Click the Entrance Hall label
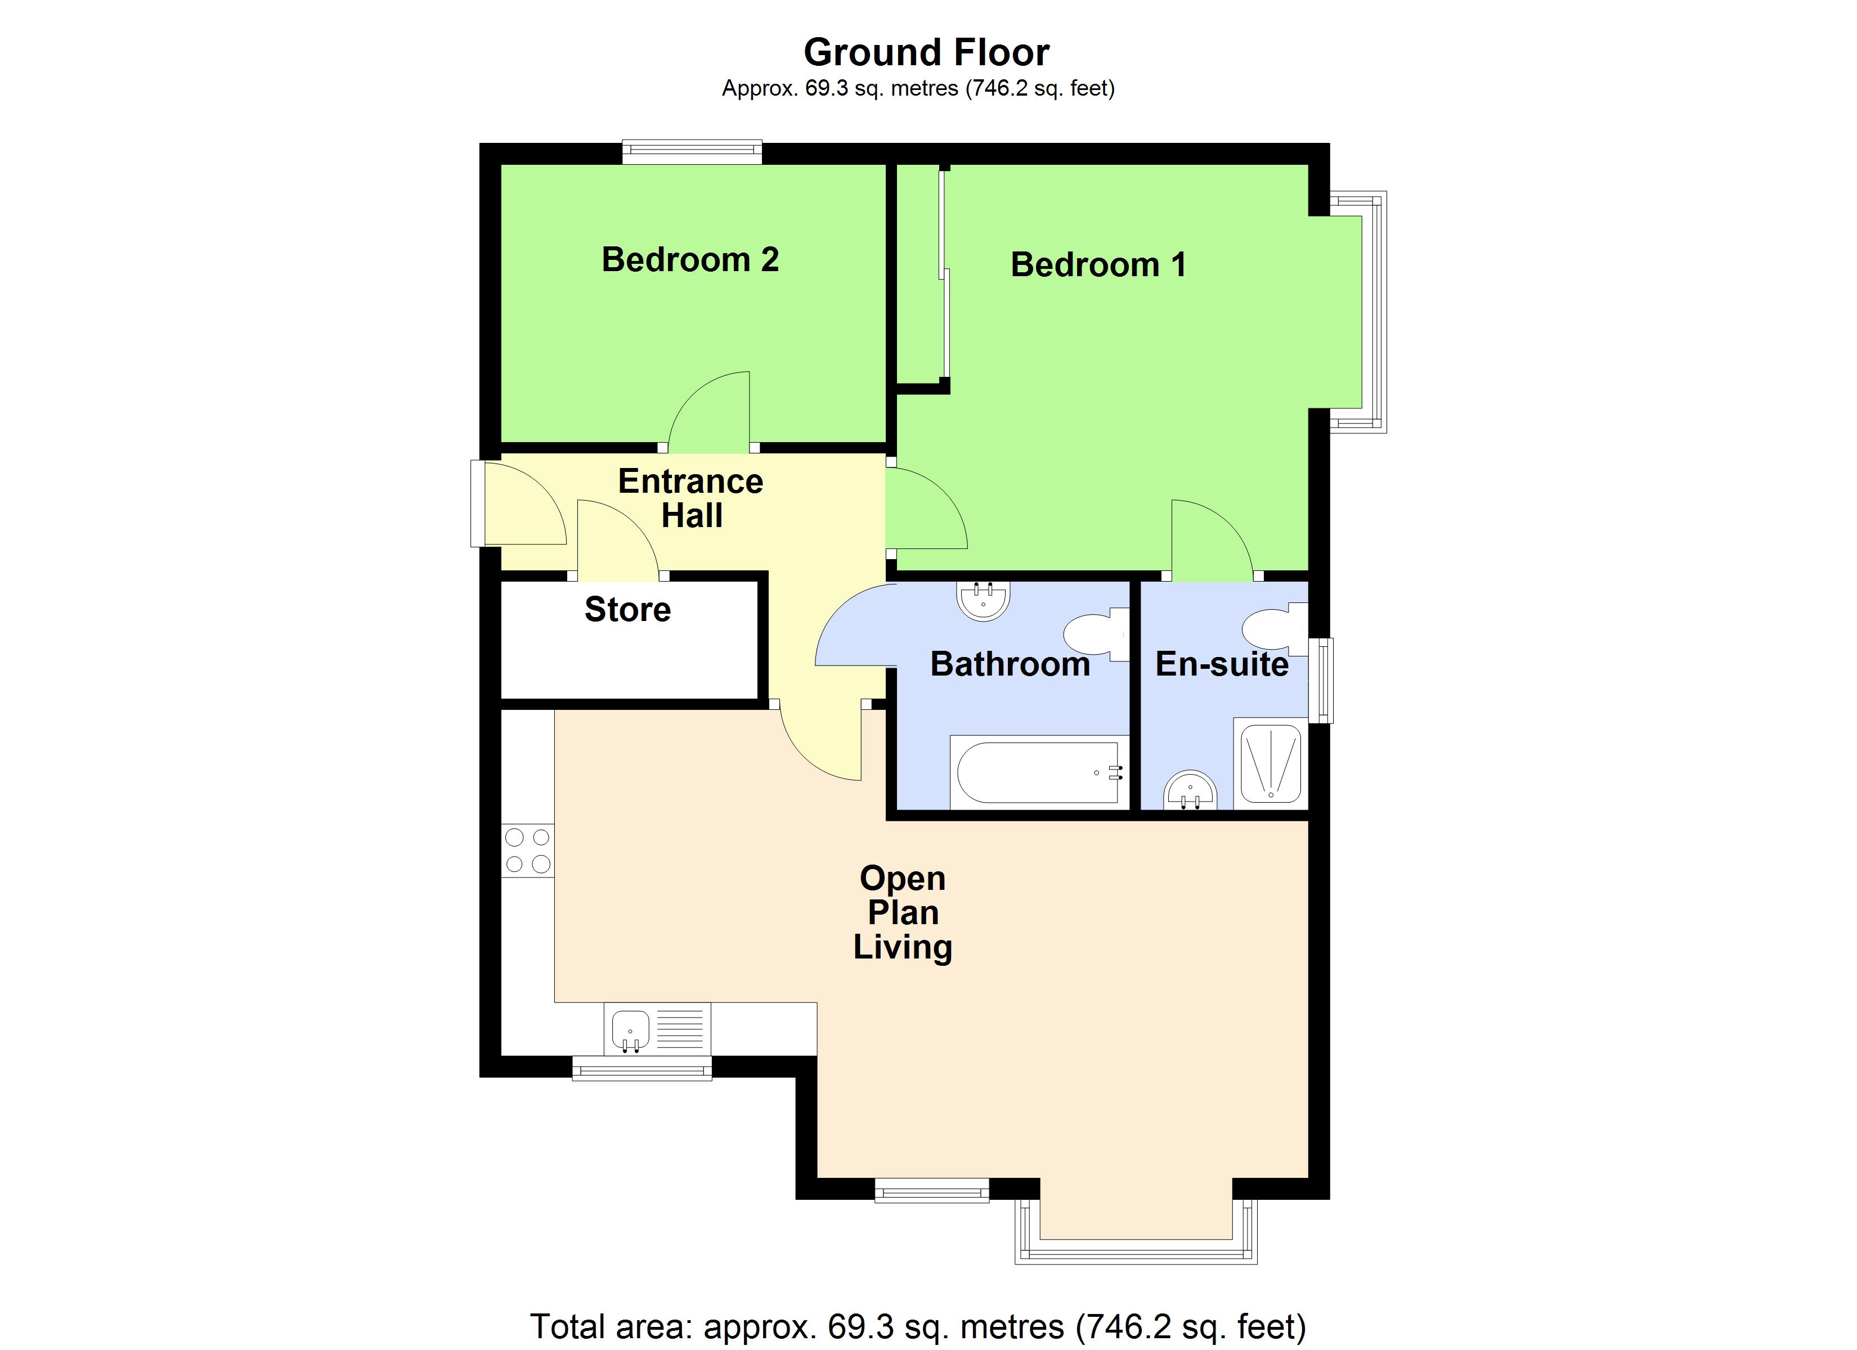tap(690, 498)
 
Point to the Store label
tap(627, 609)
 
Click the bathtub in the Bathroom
tap(1038, 772)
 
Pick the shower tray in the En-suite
tap(1270, 763)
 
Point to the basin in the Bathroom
tap(983, 600)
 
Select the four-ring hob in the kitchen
tap(527, 850)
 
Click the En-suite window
tap(1320, 680)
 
